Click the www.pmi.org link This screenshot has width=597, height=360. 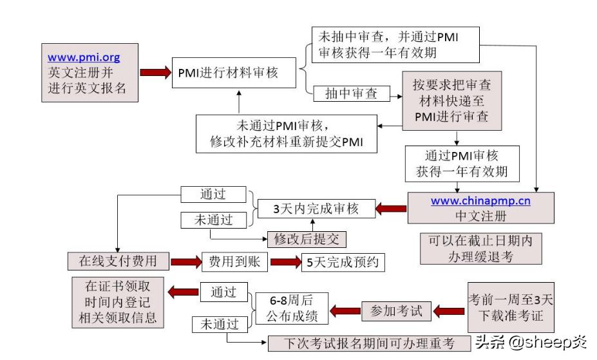(84, 57)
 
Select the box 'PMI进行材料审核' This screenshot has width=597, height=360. (228, 73)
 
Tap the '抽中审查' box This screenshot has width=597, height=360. (352, 94)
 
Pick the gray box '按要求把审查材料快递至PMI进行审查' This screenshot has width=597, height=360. (455, 102)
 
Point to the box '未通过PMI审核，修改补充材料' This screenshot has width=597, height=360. (287, 134)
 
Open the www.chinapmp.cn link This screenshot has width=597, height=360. (480, 201)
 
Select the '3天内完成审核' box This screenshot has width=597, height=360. (316, 208)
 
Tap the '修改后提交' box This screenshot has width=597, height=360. (307, 239)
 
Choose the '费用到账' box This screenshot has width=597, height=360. (234, 261)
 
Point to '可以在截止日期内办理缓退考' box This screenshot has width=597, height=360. (480, 249)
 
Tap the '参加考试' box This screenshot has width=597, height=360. (396, 311)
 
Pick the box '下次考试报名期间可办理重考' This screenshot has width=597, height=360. (369, 344)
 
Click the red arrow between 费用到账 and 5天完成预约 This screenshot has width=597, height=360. (285, 262)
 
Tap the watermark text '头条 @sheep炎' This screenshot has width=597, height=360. (531, 343)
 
